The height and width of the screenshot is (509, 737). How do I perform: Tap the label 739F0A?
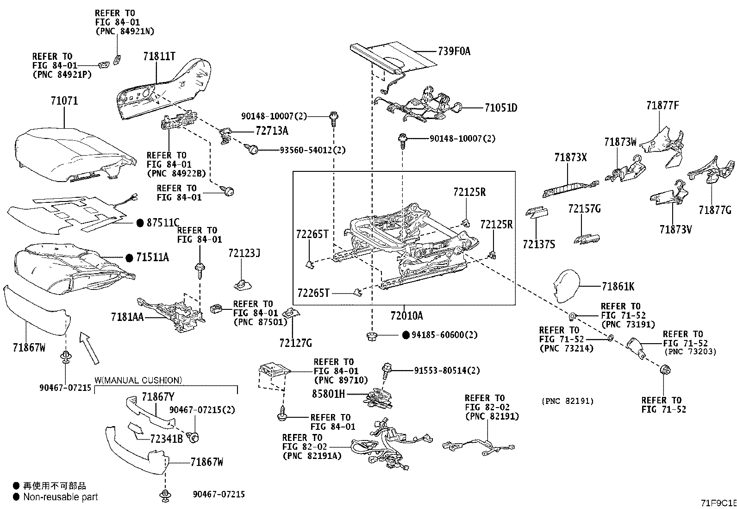pyautogui.click(x=454, y=51)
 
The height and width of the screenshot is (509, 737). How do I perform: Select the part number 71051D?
pyautogui.click(x=501, y=108)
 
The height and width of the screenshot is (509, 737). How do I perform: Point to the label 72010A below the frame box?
pyautogui.click(x=406, y=316)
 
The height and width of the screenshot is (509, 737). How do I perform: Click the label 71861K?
pyautogui.click(x=618, y=287)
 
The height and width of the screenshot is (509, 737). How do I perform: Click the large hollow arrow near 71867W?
pyautogui.click(x=89, y=347)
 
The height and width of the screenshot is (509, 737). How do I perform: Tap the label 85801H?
pyautogui.click(x=328, y=394)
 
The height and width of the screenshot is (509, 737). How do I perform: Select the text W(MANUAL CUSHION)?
pyautogui.click(x=138, y=381)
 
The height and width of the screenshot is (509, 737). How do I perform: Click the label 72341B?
pyautogui.click(x=166, y=438)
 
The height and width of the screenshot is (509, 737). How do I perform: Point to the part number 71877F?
pyautogui.click(x=662, y=106)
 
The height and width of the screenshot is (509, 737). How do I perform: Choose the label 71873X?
pyautogui.click(x=570, y=157)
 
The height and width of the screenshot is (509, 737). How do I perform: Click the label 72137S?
pyautogui.click(x=539, y=244)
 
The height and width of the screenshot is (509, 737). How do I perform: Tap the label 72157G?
pyautogui.click(x=584, y=209)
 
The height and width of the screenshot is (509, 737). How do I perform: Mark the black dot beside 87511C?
pyautogui.click(x=140, y=223)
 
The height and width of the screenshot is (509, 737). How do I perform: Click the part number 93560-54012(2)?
pyautogui.click(x=312, y=150)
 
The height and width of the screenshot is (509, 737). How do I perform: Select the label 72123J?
pyautogui.click(x=244, y=253)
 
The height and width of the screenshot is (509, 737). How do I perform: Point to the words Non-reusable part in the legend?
pyautogui.click(x=61, y=497)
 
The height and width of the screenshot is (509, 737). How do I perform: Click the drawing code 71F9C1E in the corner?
pyautogui.click(x=718, y=503)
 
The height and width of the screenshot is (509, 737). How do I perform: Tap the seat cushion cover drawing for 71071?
pyautogui.click(x=74, y=153)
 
